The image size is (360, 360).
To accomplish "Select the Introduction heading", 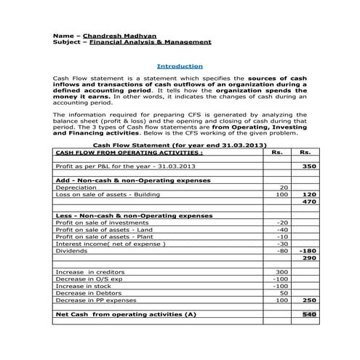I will tap(180, 65).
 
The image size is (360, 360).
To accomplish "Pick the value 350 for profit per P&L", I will tap(308, 167).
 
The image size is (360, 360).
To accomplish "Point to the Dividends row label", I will tap(71, 251).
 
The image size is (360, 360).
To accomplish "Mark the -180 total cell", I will tap(307, 251).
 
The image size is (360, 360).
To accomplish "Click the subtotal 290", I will tap(308, 258).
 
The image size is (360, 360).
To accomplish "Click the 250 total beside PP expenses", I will tap(308, 300).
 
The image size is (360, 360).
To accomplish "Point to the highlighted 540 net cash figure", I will tap(308, 314).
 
